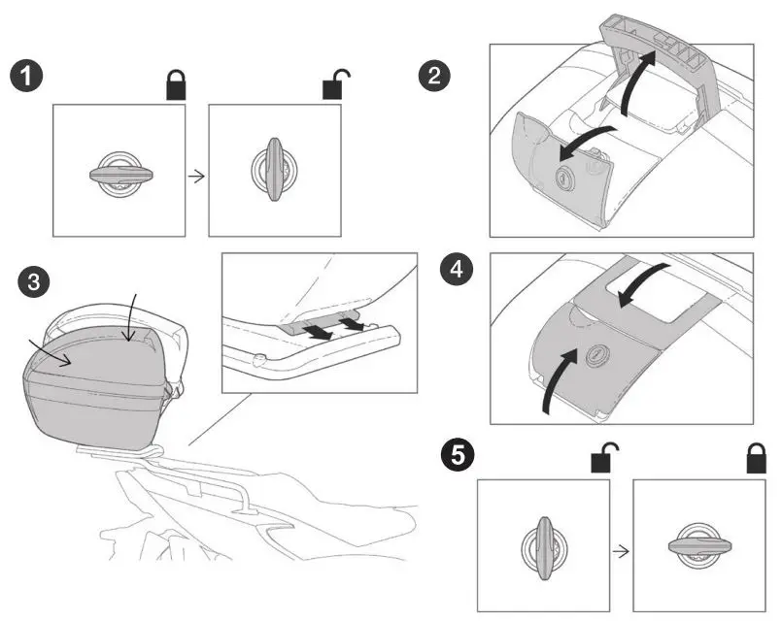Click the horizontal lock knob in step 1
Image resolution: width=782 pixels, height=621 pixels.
coord(118,175)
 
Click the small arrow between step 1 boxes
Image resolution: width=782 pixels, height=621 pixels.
coord(196,176)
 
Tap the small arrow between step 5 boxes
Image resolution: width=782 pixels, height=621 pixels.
coord(621,548)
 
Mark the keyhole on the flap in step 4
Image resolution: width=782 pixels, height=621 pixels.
coord(595,356)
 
